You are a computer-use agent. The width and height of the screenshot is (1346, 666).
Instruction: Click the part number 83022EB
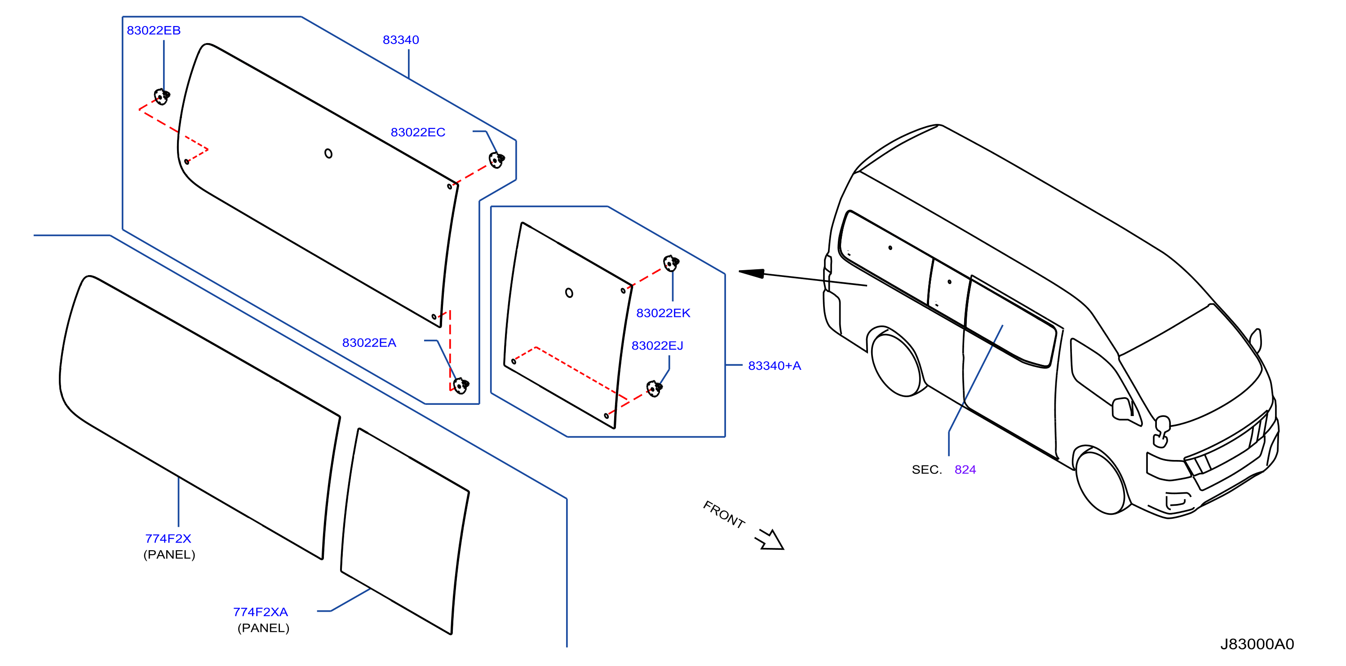154,30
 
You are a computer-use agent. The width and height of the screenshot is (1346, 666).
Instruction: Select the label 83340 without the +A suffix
401,39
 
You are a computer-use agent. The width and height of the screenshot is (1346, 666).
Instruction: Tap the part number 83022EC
418,132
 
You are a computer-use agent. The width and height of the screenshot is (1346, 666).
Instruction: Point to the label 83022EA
369,342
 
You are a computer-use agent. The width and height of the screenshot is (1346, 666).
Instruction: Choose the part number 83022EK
663,313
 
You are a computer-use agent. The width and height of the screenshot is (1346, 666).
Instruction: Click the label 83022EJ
657,346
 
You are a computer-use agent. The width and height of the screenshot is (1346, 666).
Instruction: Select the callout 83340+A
775,365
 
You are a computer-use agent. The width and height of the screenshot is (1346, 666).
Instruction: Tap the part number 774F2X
168,538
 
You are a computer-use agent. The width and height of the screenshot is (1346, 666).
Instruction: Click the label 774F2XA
260,612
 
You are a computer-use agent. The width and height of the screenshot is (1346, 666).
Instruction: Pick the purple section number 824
965,469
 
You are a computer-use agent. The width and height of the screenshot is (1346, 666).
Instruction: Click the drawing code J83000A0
1257,644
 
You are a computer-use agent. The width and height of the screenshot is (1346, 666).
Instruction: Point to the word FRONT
724,514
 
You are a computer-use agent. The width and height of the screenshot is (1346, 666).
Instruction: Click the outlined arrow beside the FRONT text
770,540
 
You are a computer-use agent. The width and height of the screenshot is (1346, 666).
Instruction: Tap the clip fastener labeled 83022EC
496,160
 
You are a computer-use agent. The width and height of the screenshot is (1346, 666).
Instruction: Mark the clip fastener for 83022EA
461,386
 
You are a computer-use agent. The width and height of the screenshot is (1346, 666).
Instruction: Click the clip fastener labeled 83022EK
671,263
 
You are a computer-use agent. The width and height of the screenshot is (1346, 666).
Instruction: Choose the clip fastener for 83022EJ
654,389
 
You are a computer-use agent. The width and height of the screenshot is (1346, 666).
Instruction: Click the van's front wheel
1100,482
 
